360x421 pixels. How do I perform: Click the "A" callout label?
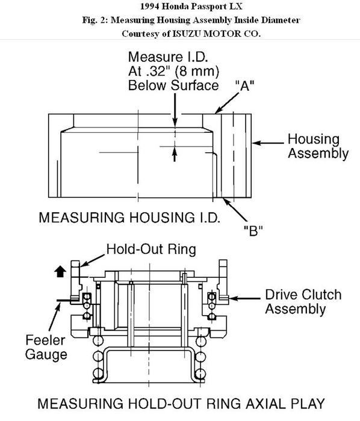pyautogui.click(x=245, y=86)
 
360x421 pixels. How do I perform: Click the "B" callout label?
pyautogui.click(x=253, y=230)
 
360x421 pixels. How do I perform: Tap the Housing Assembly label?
pyautogui.click(x=318, y=146)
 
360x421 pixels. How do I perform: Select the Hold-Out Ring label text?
pyautogui.click(x=151, y=249)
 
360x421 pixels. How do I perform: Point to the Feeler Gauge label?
pyautogui.click(x=46, y=348)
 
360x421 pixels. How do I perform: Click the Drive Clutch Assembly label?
pyautogui.click(x=303, y=301)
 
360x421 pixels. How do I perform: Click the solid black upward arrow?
pyautogui.click(x=60, y=271)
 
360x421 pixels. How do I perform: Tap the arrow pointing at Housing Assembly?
pyautogui.click(x=268, y=143)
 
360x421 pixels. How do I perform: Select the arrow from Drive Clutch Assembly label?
pyautogui.click(x=244, y=298)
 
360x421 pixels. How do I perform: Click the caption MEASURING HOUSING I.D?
pyautogui.click(x=129, y=218)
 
